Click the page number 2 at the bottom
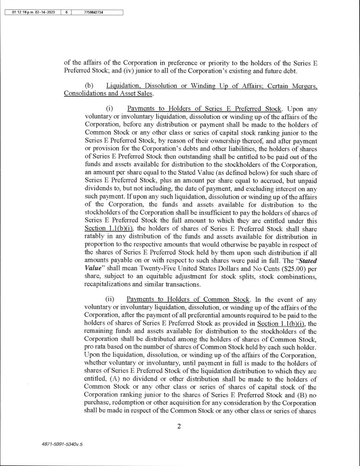click(x=179, y=426)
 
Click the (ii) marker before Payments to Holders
click(x=110, y=300)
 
